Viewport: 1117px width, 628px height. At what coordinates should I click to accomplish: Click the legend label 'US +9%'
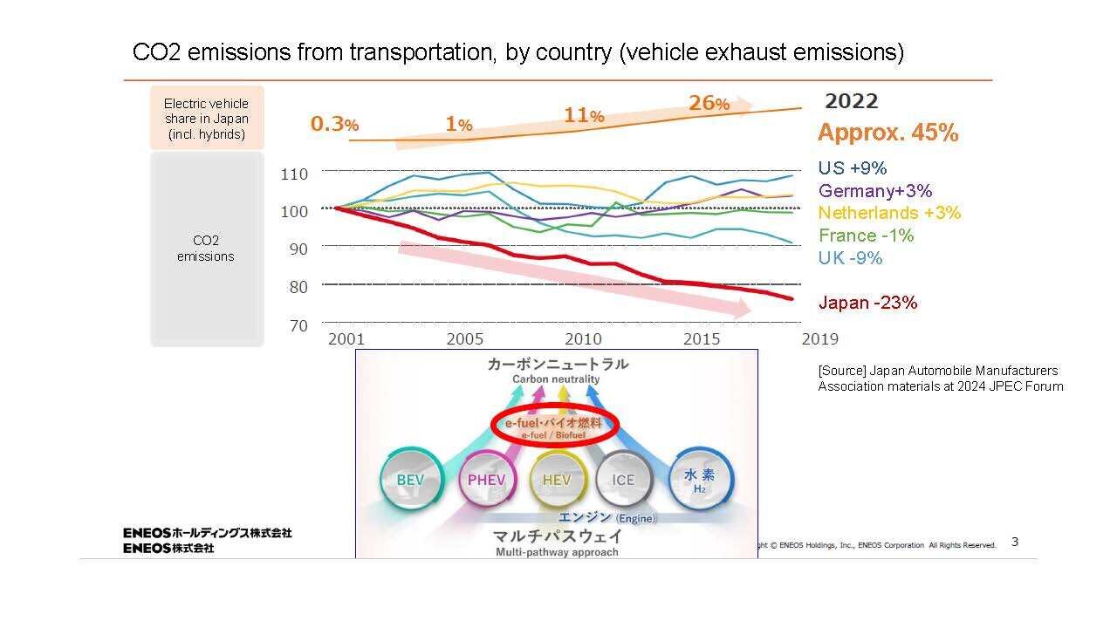pos(852,168)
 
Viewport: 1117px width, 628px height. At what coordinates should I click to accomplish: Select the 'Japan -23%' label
pos(867,303)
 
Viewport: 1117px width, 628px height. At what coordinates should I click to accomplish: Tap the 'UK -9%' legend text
pos(850,258)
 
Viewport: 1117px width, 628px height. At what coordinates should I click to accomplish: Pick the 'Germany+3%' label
pos(874,191)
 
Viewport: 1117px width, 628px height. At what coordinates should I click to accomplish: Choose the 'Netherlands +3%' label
pos(889,213)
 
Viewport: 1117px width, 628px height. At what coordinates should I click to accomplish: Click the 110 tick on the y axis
pos(294,174)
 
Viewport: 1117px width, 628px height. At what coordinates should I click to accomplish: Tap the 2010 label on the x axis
pos(583,338)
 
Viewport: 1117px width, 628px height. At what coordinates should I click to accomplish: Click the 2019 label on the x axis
pos(820,338)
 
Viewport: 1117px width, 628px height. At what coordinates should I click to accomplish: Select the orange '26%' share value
pos(709,104)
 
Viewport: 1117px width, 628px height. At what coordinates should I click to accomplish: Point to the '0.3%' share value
pos(334,125)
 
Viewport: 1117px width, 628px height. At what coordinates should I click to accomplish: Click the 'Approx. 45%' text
pos(887,133)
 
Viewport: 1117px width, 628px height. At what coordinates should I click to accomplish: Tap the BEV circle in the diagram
pos(410,481)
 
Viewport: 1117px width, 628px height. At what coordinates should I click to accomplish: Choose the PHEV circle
pos(486,481)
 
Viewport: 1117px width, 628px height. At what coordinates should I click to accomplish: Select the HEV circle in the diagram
pos(557,481)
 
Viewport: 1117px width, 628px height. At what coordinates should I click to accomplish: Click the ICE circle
pos(623,481)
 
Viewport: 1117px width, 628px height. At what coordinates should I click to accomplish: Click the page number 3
pos(1015,542)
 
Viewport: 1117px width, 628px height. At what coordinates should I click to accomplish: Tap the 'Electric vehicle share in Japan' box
pos(207,119)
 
